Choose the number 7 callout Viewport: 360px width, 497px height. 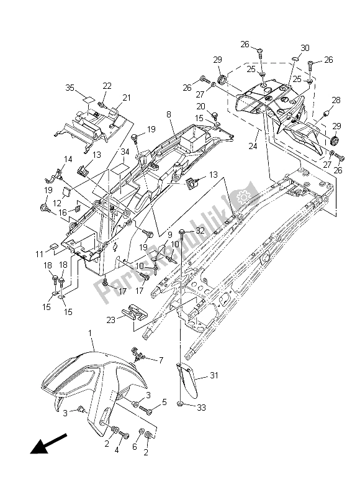[162, 360]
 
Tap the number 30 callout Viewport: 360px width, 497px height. [305, 48]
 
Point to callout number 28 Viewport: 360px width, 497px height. [336, 100]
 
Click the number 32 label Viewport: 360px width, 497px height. [199, 230]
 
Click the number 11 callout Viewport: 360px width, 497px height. [38, 255]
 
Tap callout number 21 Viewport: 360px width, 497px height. [127, 98]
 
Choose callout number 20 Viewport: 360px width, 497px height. [201, 106]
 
